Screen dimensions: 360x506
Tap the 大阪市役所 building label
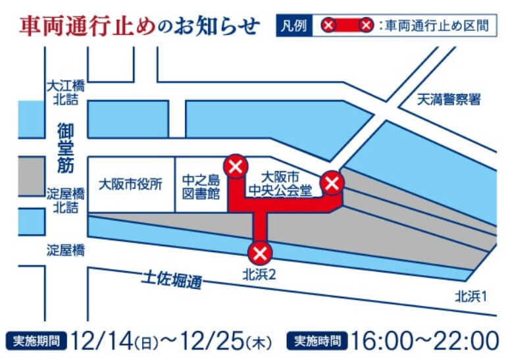click(130, 185)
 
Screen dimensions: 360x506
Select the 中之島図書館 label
click(200, 185)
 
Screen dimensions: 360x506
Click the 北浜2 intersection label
click(258, 273)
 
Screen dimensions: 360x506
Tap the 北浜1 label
click(470, 296)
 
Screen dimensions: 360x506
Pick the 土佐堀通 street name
click(174, 279)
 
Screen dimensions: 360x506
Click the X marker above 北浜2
click(259, 252)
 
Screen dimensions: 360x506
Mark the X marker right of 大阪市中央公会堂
click(332, 182)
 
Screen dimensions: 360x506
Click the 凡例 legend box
click(293, 26)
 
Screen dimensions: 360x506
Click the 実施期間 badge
click(38, 342)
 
